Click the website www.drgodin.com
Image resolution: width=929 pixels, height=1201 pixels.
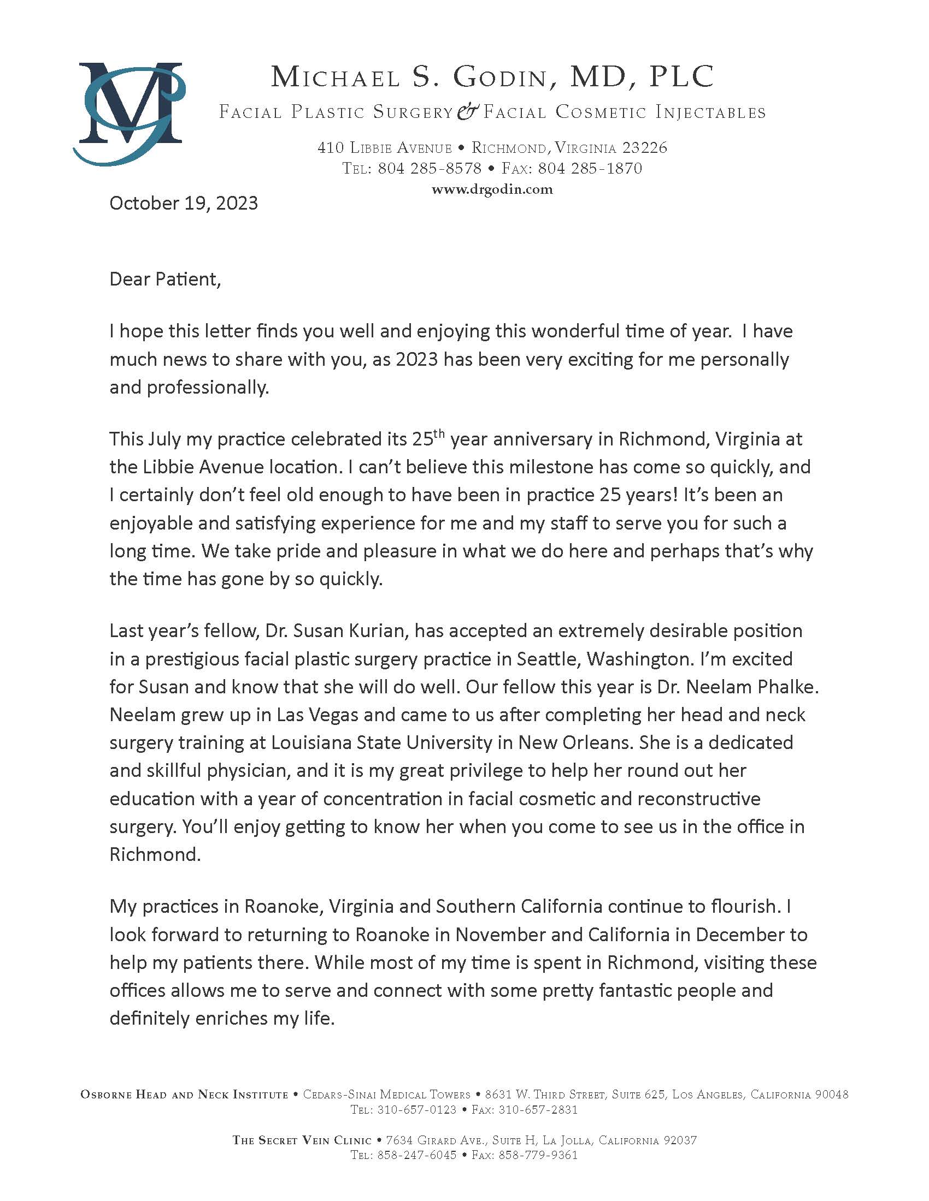pos(492,190)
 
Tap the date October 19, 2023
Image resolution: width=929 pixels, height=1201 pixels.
pos(184,204)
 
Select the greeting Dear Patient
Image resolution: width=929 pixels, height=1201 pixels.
pos(165,280)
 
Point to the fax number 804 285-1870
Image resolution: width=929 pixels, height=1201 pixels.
pos(590,168)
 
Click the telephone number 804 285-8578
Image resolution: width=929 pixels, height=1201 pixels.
pos(430,168)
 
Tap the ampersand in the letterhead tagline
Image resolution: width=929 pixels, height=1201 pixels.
pos(468,111)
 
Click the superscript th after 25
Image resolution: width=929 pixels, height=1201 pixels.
pos(438,432)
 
